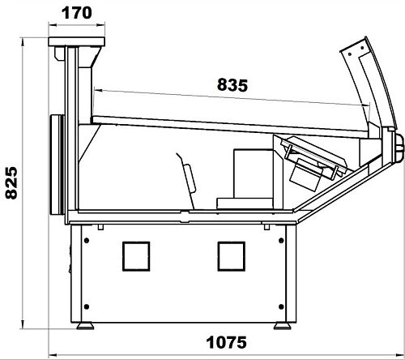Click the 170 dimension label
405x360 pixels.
click(77, 13)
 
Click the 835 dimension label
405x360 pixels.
click(232, 85)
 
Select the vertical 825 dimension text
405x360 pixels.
click(11, 183)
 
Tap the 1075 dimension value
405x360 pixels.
click(227, 342)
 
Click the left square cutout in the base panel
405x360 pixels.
click(136, 256)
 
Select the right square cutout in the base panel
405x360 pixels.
click(232, 256)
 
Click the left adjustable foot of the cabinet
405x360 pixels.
click(85, 326)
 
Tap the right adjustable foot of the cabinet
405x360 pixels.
click(283, 326)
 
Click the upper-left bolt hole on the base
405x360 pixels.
click(87, 240)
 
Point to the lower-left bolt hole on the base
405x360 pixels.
click(87, 306)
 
